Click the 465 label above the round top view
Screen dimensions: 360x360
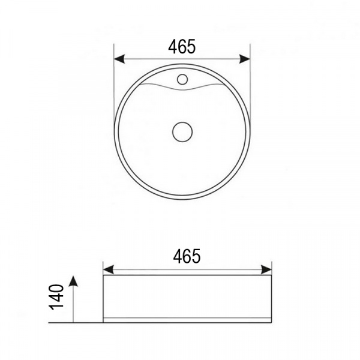tap(182, 47)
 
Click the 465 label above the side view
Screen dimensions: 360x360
tap(187, 256)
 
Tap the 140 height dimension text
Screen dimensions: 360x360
tap(56, 297)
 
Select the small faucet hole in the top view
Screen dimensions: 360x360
tap(182, 79)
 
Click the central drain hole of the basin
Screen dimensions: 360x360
tap(182, 132)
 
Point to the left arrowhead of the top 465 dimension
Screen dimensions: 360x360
tap(119, 59)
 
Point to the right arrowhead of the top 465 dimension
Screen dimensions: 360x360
tap(245, 59)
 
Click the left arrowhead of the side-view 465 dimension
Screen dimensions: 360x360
tap(109, 269)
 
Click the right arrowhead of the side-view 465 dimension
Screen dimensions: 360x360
tap(266, 269)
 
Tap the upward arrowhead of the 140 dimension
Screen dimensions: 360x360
tap(73, 281)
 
